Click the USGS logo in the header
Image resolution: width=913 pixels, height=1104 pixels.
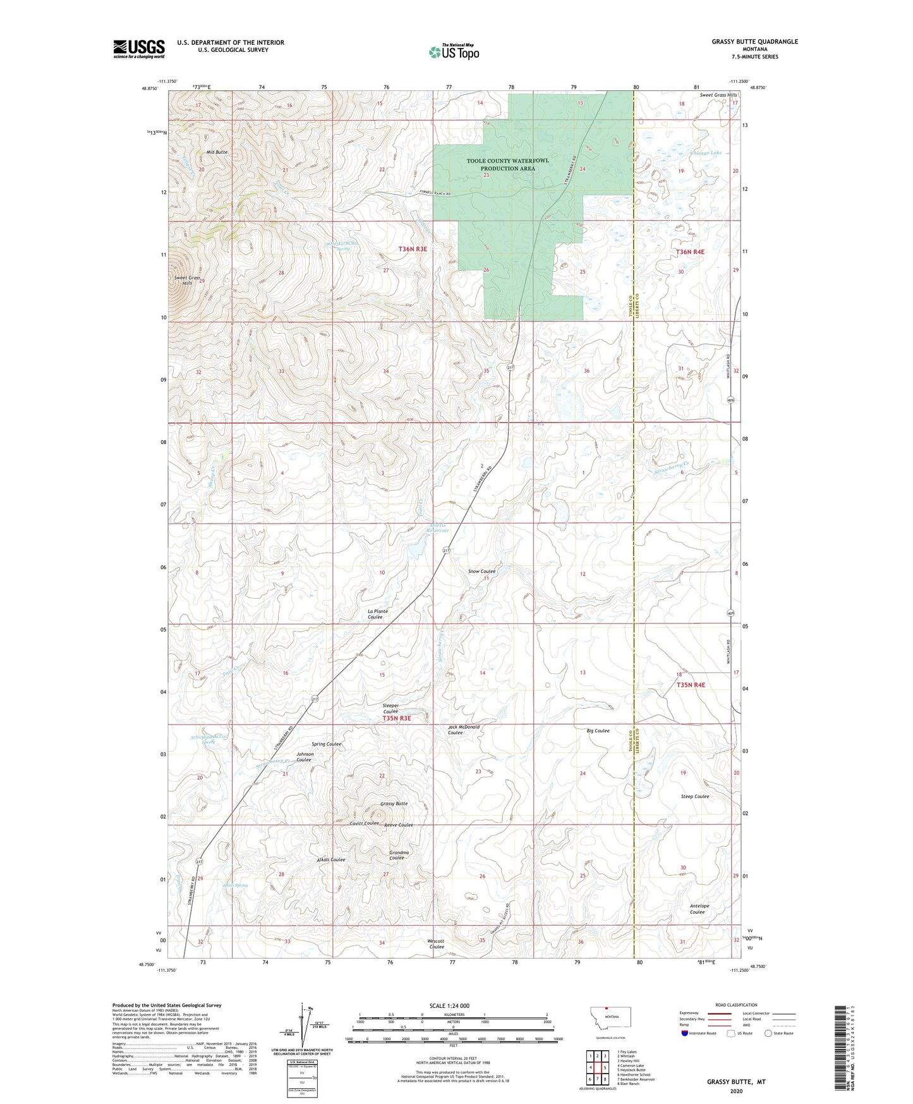coord(138,49)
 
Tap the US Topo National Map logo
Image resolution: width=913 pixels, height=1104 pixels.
coord(453,52)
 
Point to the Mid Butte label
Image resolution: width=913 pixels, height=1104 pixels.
coord(217,152)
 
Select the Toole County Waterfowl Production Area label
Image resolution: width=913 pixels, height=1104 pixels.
coord(507,164)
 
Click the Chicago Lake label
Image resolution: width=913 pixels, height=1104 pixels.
coord(705,153)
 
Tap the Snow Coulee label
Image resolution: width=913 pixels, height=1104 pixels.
coord(481,571)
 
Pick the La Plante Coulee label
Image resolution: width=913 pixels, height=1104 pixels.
coord(377,614)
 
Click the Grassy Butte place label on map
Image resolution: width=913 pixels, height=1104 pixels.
coord(394,804)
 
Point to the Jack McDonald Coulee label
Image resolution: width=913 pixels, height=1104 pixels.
coord(464,730)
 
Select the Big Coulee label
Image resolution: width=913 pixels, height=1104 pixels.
coord(598,730)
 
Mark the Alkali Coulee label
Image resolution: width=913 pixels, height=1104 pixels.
coord(331,860)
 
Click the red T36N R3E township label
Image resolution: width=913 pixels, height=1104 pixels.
coord(413,249)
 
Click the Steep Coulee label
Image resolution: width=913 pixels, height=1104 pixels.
coord(695,796)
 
